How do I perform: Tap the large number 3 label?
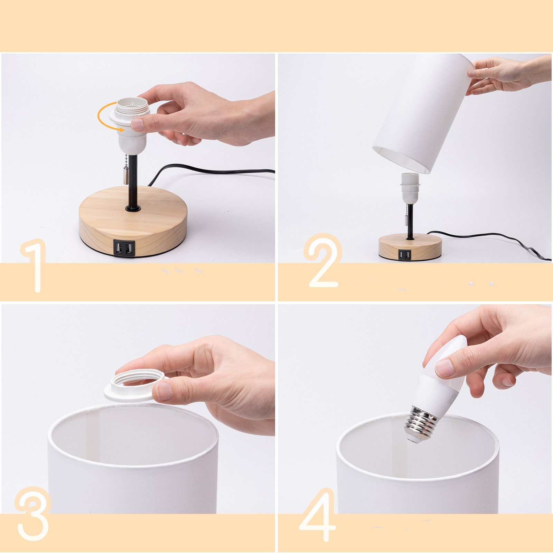(33, 515)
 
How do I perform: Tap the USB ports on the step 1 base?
(124, 248)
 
